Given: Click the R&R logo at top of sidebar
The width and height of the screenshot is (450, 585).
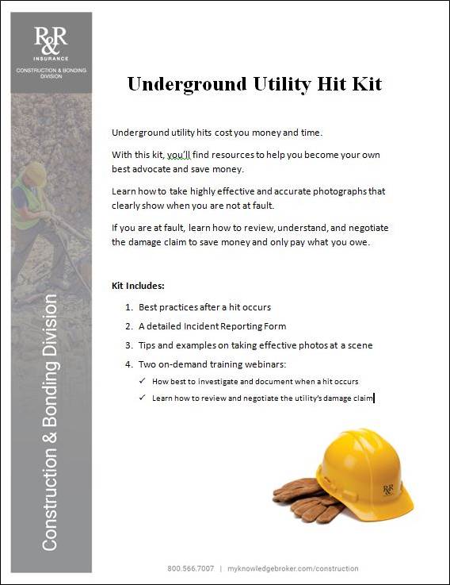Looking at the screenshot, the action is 51,40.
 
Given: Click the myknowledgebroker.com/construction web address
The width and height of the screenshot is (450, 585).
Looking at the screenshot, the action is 292,568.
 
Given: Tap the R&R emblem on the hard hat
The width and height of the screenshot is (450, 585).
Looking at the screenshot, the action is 388,489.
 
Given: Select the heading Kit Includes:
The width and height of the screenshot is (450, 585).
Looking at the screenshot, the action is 139,286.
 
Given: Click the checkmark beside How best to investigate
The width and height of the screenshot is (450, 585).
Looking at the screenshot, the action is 142,382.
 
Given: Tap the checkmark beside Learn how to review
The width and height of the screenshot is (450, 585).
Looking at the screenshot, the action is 142,398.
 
